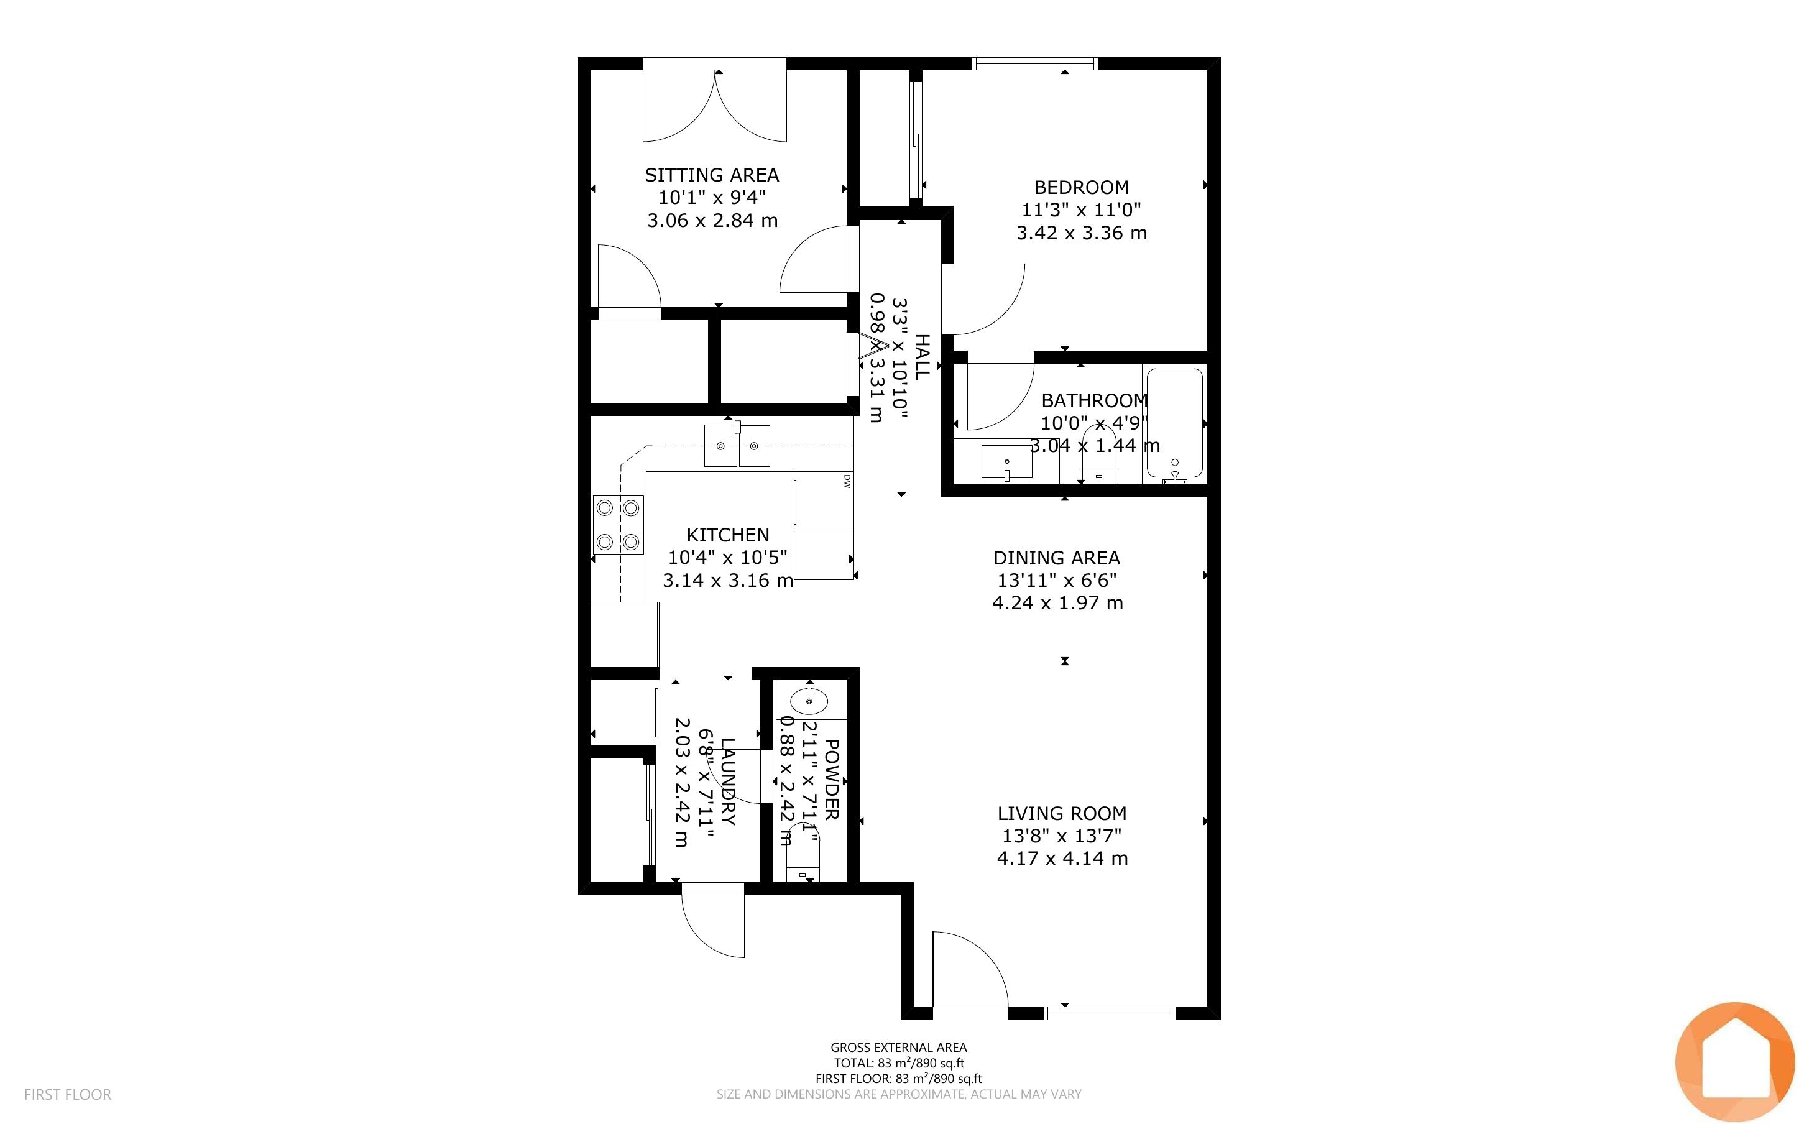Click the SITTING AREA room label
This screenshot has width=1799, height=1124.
(x=712, y=175)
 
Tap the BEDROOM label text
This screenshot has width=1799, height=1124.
(x=1081, y=187)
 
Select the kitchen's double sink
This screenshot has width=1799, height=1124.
(x=737, y=445)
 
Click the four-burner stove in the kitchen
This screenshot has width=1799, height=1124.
(x=619, y=524)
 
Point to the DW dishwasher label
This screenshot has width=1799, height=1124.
(x=847, y=481)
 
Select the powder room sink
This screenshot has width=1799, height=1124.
(x=809, y=699)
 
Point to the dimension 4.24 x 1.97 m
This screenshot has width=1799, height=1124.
(x=1057, y=603)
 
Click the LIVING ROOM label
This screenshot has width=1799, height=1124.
(x=1062, y=813)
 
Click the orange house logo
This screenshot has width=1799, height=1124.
(x=1735, y=1062)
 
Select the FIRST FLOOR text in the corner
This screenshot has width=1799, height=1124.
(x=68, y=1094)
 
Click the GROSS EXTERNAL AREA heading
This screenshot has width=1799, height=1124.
(x=898, y=1048)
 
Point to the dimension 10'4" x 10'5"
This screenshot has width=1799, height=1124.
(x=727, y=558)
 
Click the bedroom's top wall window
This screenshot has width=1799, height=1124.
(x=1035, y=64)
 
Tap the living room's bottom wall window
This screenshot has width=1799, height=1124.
(x=1110, y=1013)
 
